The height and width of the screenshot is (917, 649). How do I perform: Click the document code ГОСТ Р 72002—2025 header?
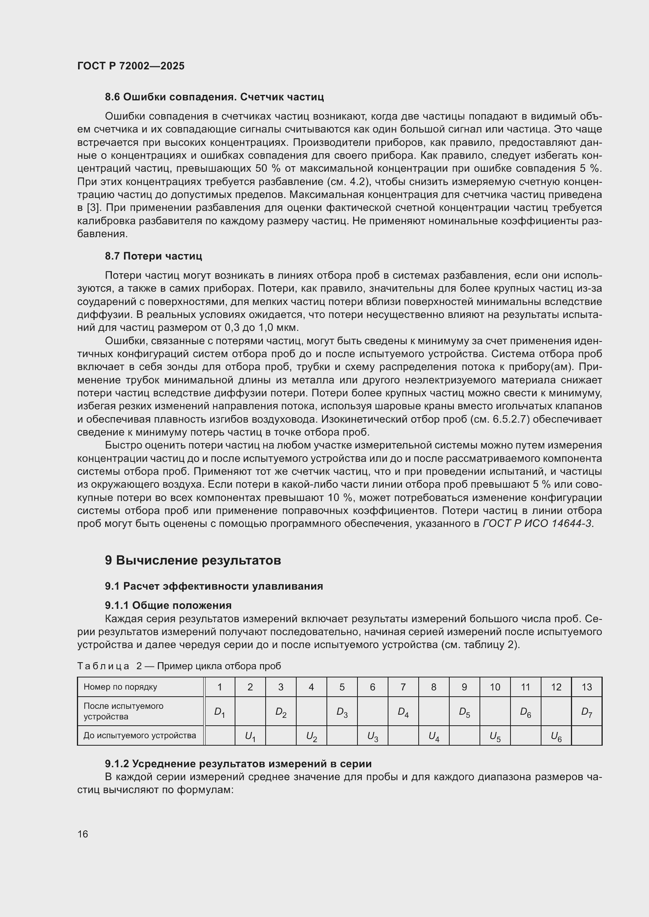(x=131, y=66)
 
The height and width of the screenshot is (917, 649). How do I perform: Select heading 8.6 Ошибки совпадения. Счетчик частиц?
(x=214, y=97)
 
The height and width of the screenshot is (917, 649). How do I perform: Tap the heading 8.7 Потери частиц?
(x=153, y=256)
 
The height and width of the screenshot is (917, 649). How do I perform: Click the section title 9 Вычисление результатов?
(x=193, y=560)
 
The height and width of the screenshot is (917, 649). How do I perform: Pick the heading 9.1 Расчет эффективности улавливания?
(x=214, y=586)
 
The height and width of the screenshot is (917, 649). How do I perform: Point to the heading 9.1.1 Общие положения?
(x=168, y=605)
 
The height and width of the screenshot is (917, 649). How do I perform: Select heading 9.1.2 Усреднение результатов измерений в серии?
(x=238, y=764)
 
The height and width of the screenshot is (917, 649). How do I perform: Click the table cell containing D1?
(x=219, y=711)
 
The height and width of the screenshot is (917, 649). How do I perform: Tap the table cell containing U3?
(x=372, y=736)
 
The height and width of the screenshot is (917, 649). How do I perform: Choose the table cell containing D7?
(x=586, y=711)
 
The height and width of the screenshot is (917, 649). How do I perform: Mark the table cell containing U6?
(x=556, y=736)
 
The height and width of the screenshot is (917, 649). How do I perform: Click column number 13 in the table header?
(x=586, y=687)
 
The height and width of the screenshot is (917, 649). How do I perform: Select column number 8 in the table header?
(x=434, y=687)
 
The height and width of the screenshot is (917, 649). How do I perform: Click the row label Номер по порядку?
(x=120, y=687)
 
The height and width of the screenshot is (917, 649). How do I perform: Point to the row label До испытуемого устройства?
(x=139, y=735)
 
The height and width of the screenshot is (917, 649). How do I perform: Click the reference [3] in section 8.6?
(x=92, y=208)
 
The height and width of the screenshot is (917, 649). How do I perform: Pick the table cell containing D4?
(x=403, y=711)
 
